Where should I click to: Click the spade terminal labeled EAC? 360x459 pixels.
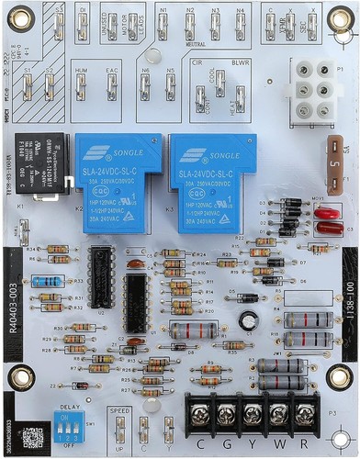click(x=111, y=87)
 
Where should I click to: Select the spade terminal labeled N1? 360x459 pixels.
click(x=163, y=28)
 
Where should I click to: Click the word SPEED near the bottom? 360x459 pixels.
click(x=118, y=411)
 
